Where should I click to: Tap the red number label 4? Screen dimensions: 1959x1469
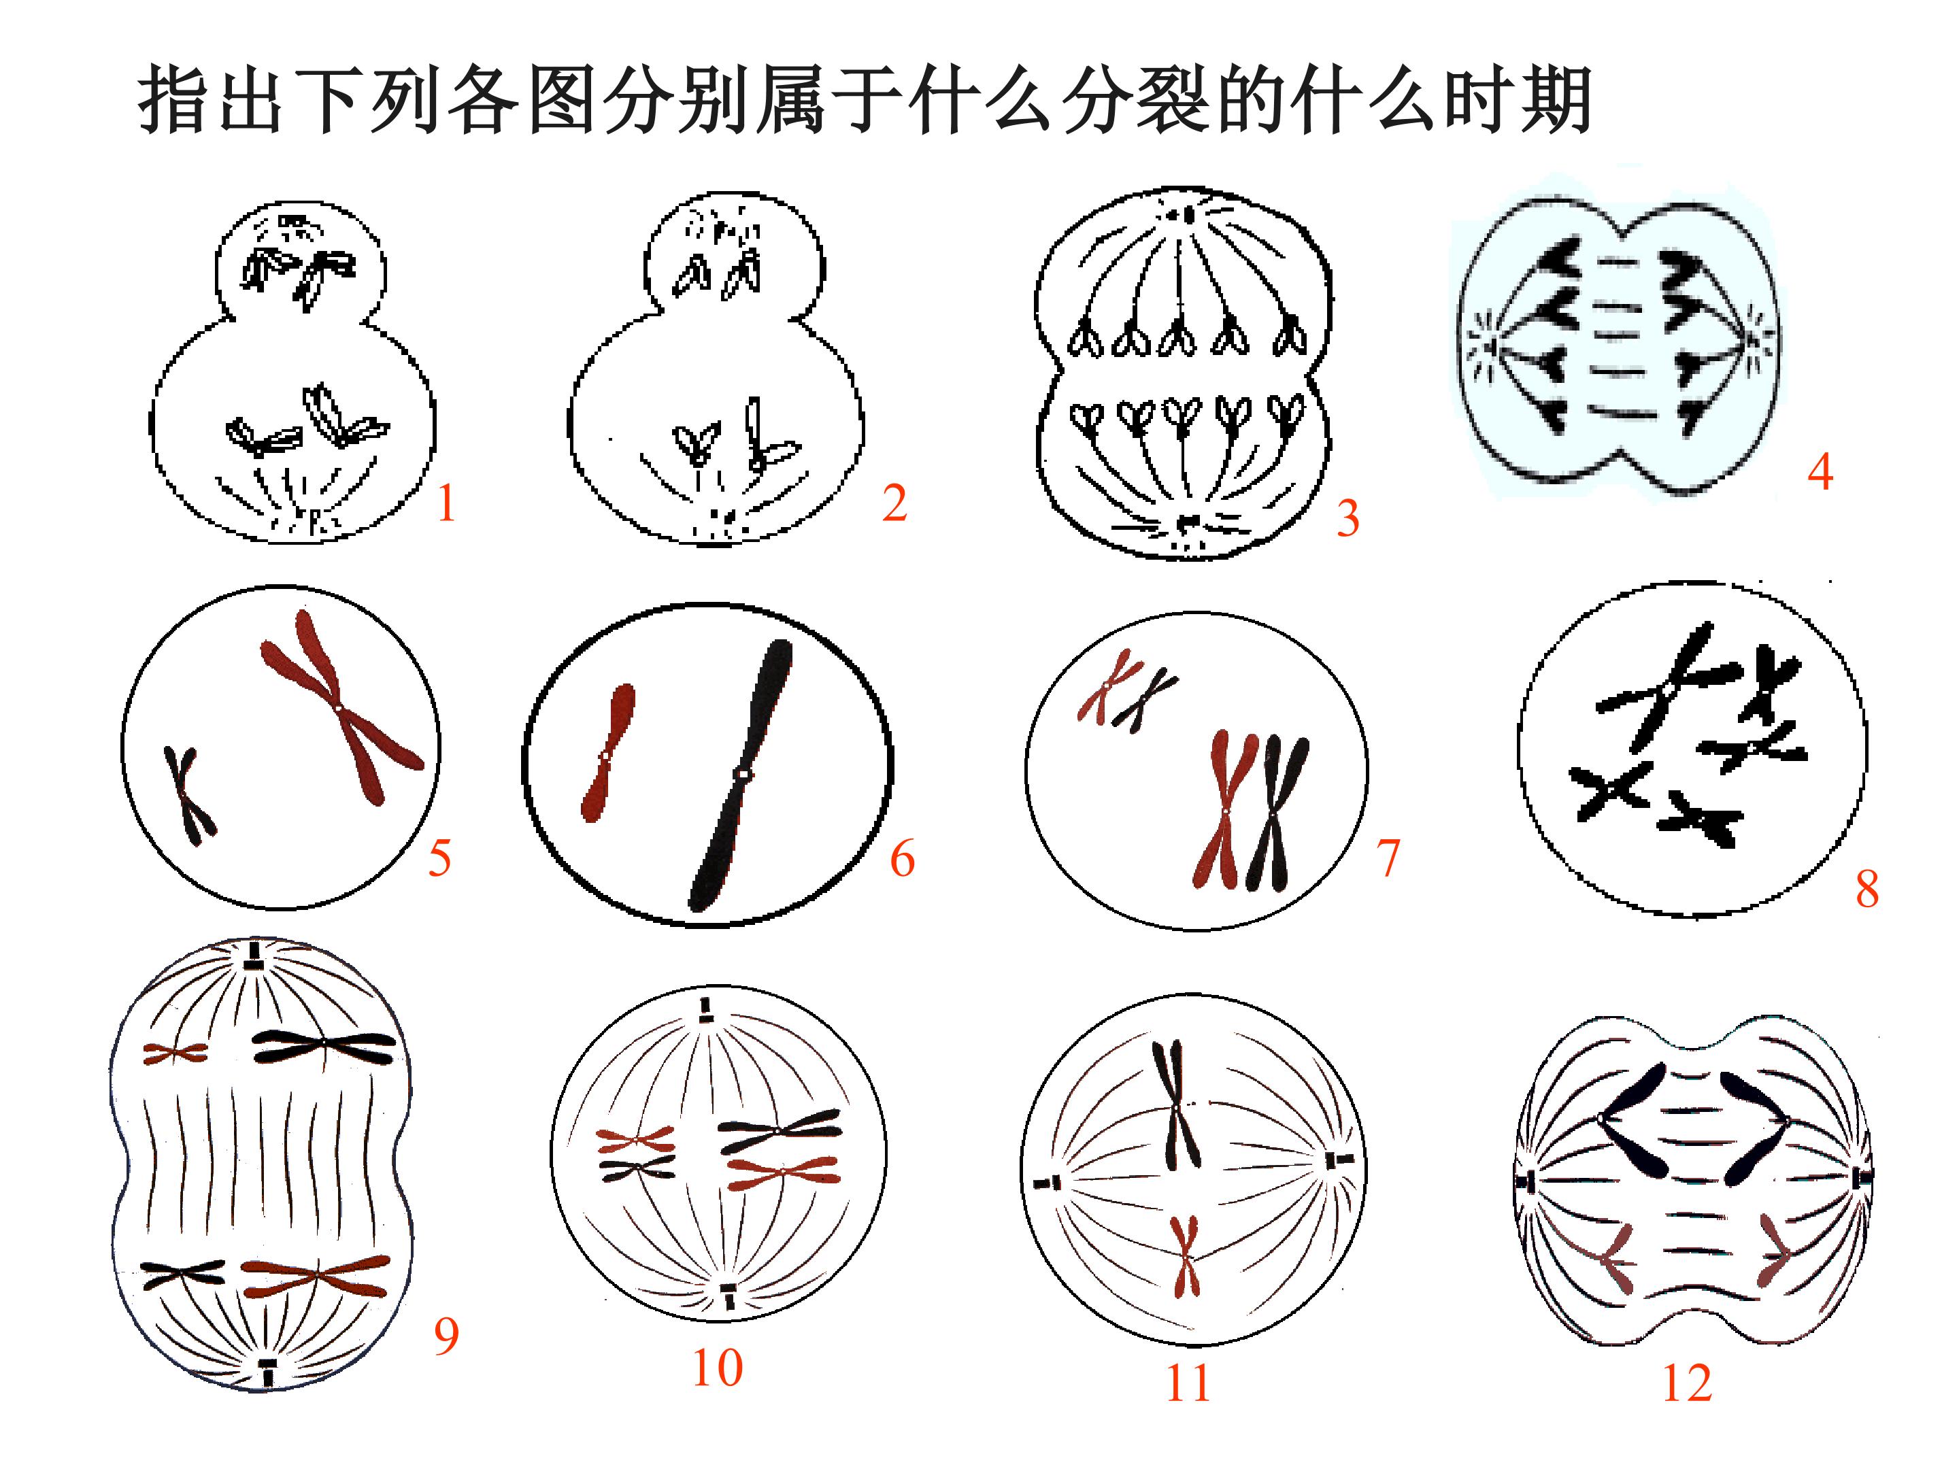pyautogui.click(x=1820, y=471)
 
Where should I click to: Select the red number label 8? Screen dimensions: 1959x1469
pyautogui.click(x=1867, y=888)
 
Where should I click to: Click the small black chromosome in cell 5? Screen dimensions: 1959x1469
pyautogui.click(x=188, y=794)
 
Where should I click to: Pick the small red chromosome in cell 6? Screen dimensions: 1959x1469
pyautogui.click(x=607, y=753)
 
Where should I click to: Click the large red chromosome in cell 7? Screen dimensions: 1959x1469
pyautogui.click(x=1225, y=809)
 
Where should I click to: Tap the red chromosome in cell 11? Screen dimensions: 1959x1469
pyautogui.click(x=1185, y=1255)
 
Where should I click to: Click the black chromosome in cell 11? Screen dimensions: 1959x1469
pyautogui.click(x=1176, y=1104)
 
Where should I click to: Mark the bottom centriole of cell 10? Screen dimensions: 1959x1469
pyautogui.click(x=728, y=1295)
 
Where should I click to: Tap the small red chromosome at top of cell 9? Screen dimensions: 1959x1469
pyautogui.click(x=175, y=1053)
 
